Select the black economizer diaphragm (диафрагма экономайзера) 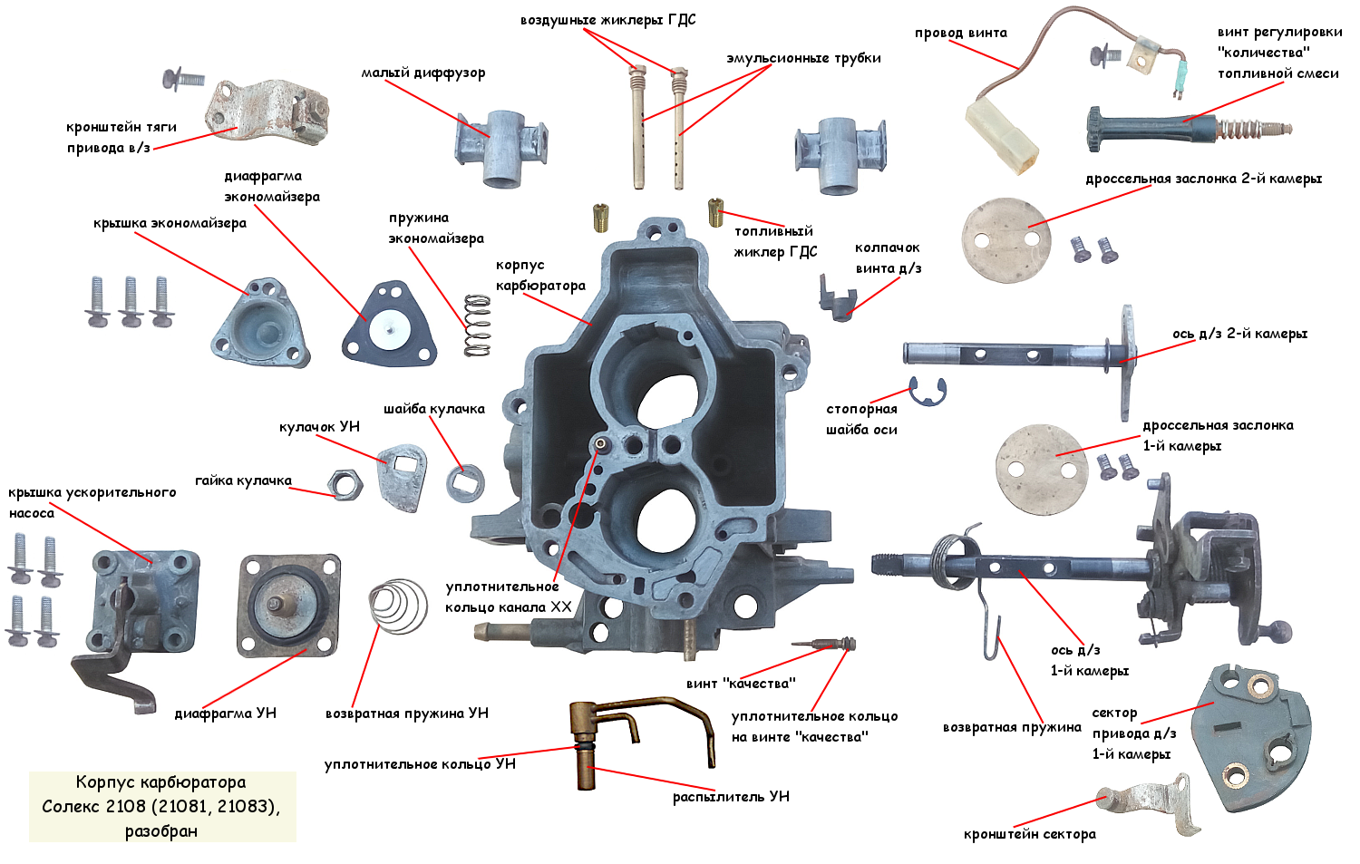pyautogui.click(x=389, y=324)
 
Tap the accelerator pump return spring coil pyautogui.click(x=399, y=606)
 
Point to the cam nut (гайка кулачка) pyautogui.click(x=344, y=485)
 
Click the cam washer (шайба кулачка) pyautogui.click(x=465, y=481)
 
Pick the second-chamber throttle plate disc pyautogui.click(x=1006, y=240)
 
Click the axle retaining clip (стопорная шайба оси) pyautogui.click(x=928, y=391)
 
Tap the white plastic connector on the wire pyautogui.click(x=1001, y=136)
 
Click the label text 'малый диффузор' pyautogui.click(x=423, y=73)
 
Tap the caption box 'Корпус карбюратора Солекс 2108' pyautogui.click(x=162, y=806)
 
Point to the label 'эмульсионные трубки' pyautogui.click(x=803, y=58)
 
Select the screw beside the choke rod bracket pyautogui.click(x=184, y=79)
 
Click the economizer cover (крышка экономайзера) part pyautogui.click(x=258, y=325)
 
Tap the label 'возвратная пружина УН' pyautogui.click(x=407, y=714)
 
